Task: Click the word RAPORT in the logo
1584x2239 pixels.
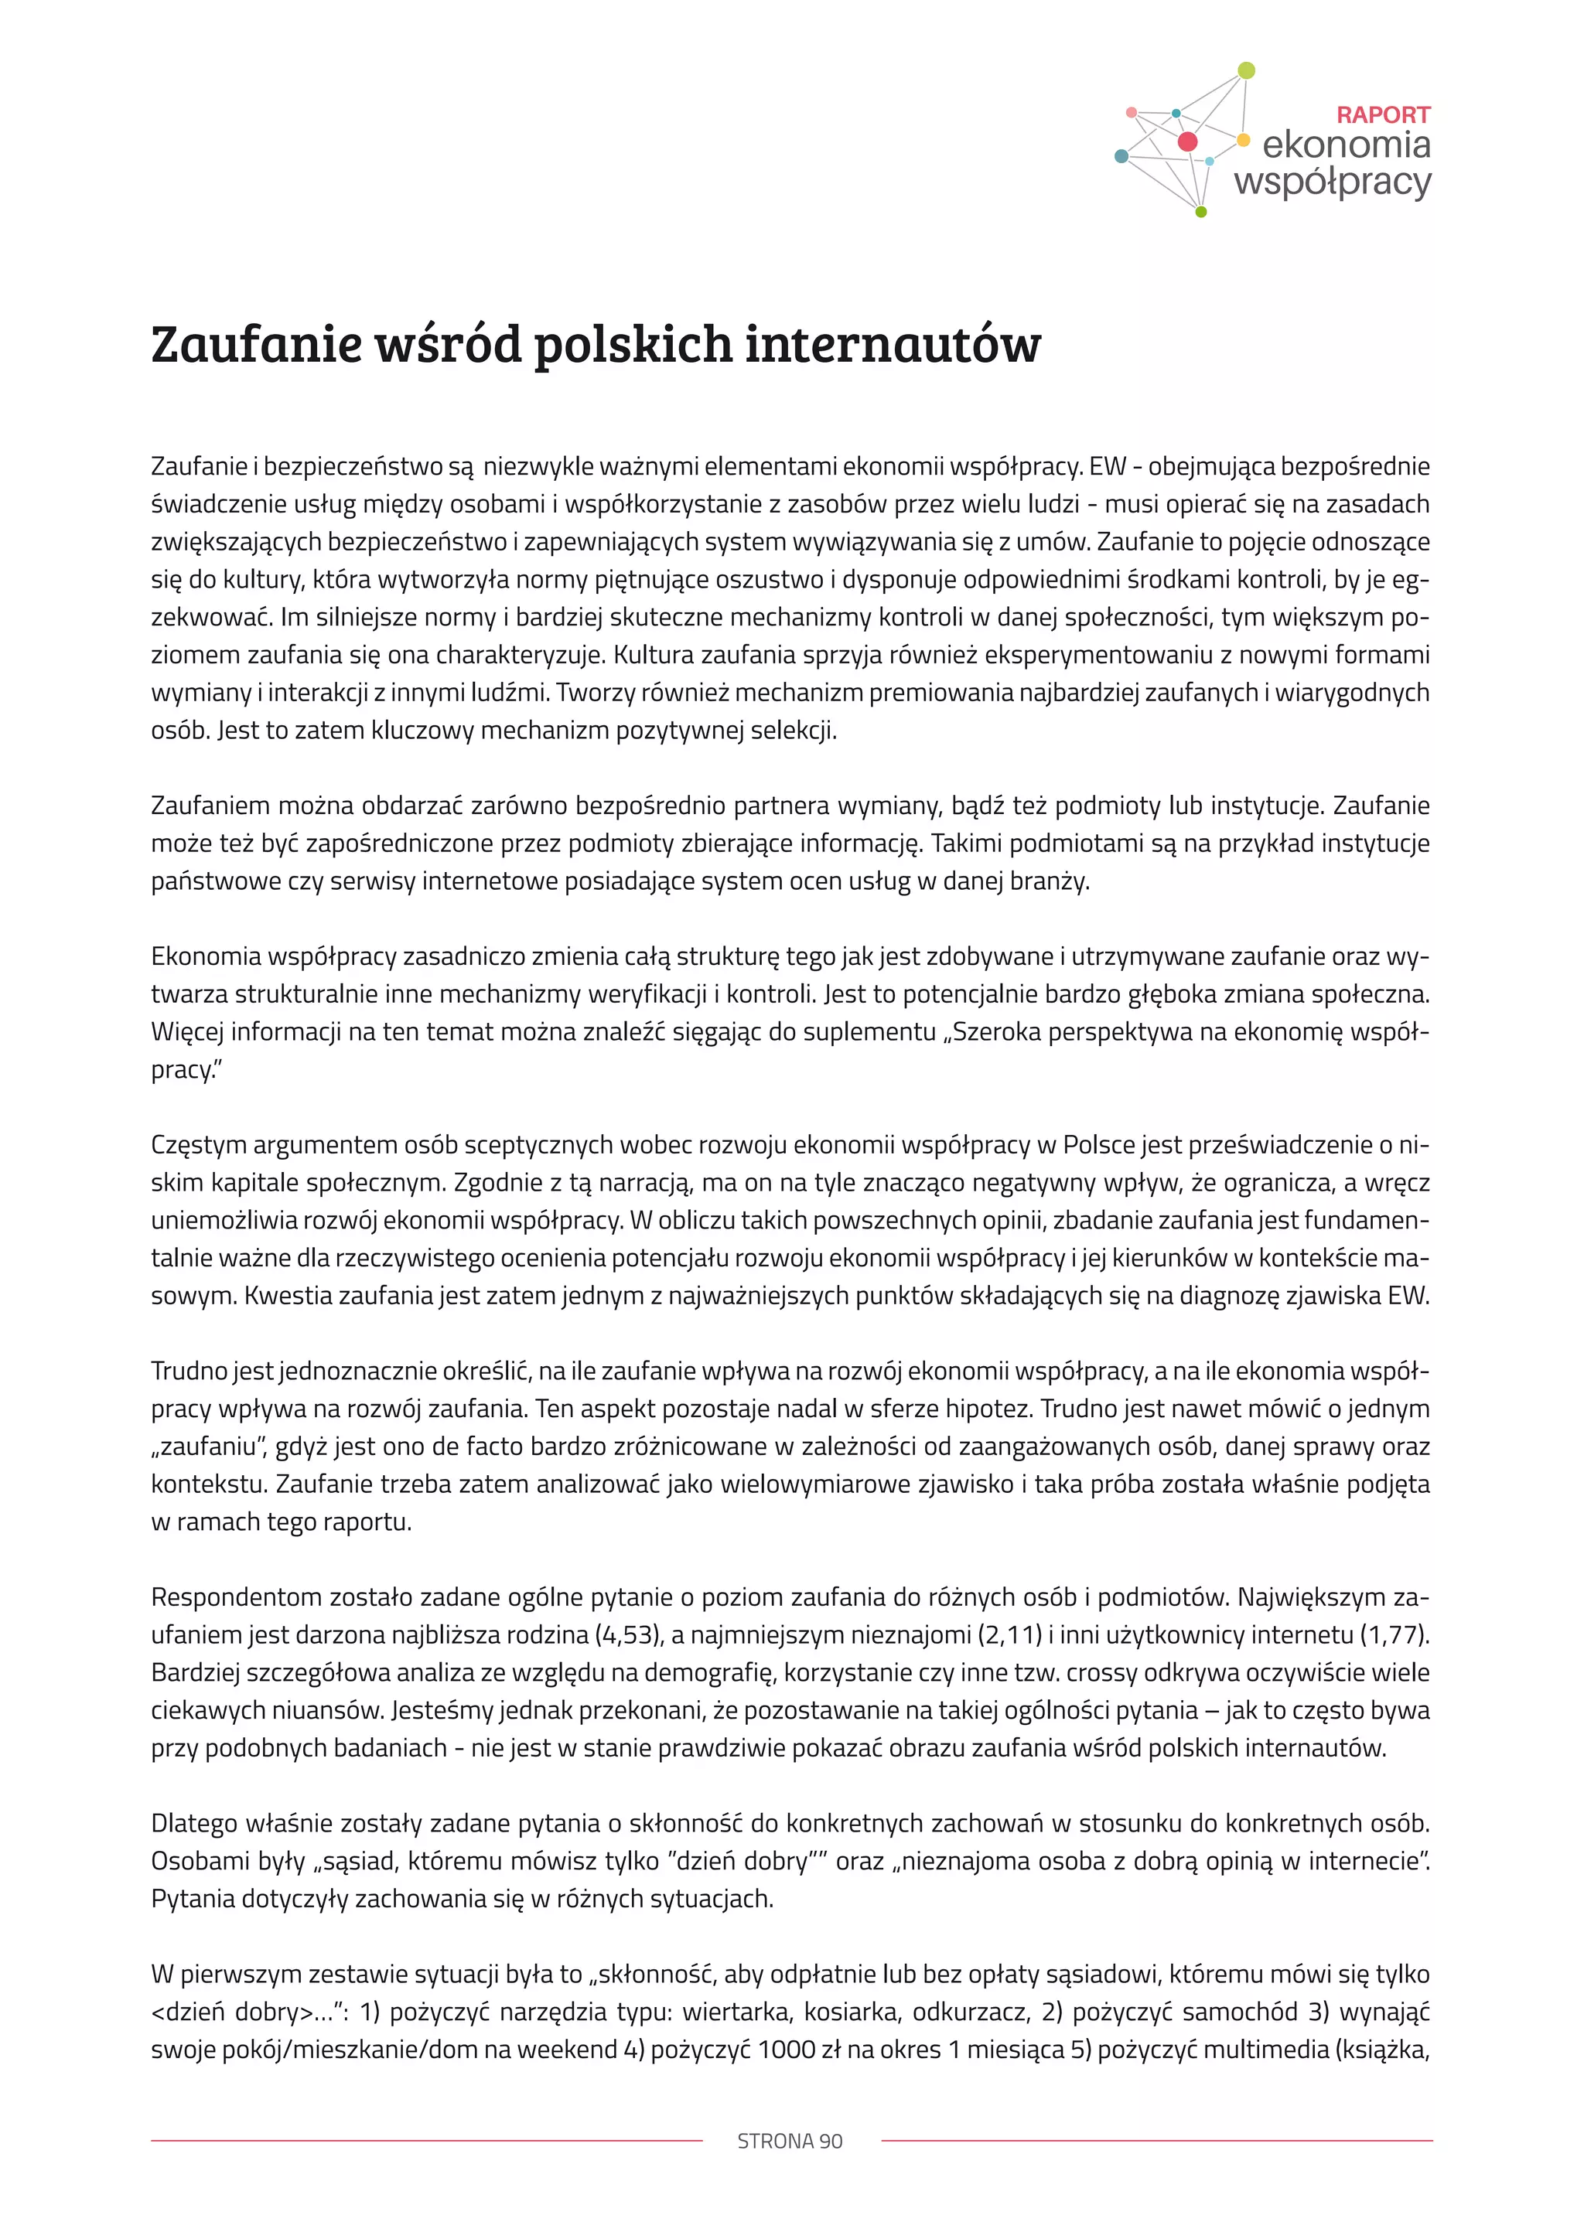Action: coord(1382,115)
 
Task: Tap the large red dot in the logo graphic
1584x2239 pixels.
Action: coord(1187,142)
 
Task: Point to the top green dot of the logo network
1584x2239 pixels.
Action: coord(1245,70)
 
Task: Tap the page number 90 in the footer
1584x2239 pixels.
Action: coord(831,2141)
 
